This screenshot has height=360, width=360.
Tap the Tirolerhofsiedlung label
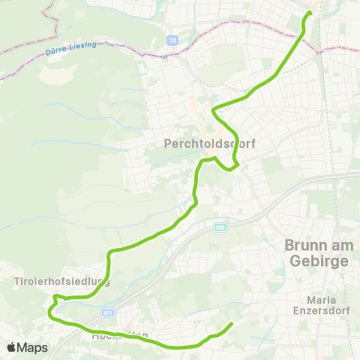[61, 283]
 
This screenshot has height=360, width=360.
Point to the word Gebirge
[318, 262]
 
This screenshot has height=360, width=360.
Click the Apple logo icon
[12, 348]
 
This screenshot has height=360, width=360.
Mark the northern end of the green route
[310, 13]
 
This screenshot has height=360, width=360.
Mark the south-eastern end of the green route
[230, 324]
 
